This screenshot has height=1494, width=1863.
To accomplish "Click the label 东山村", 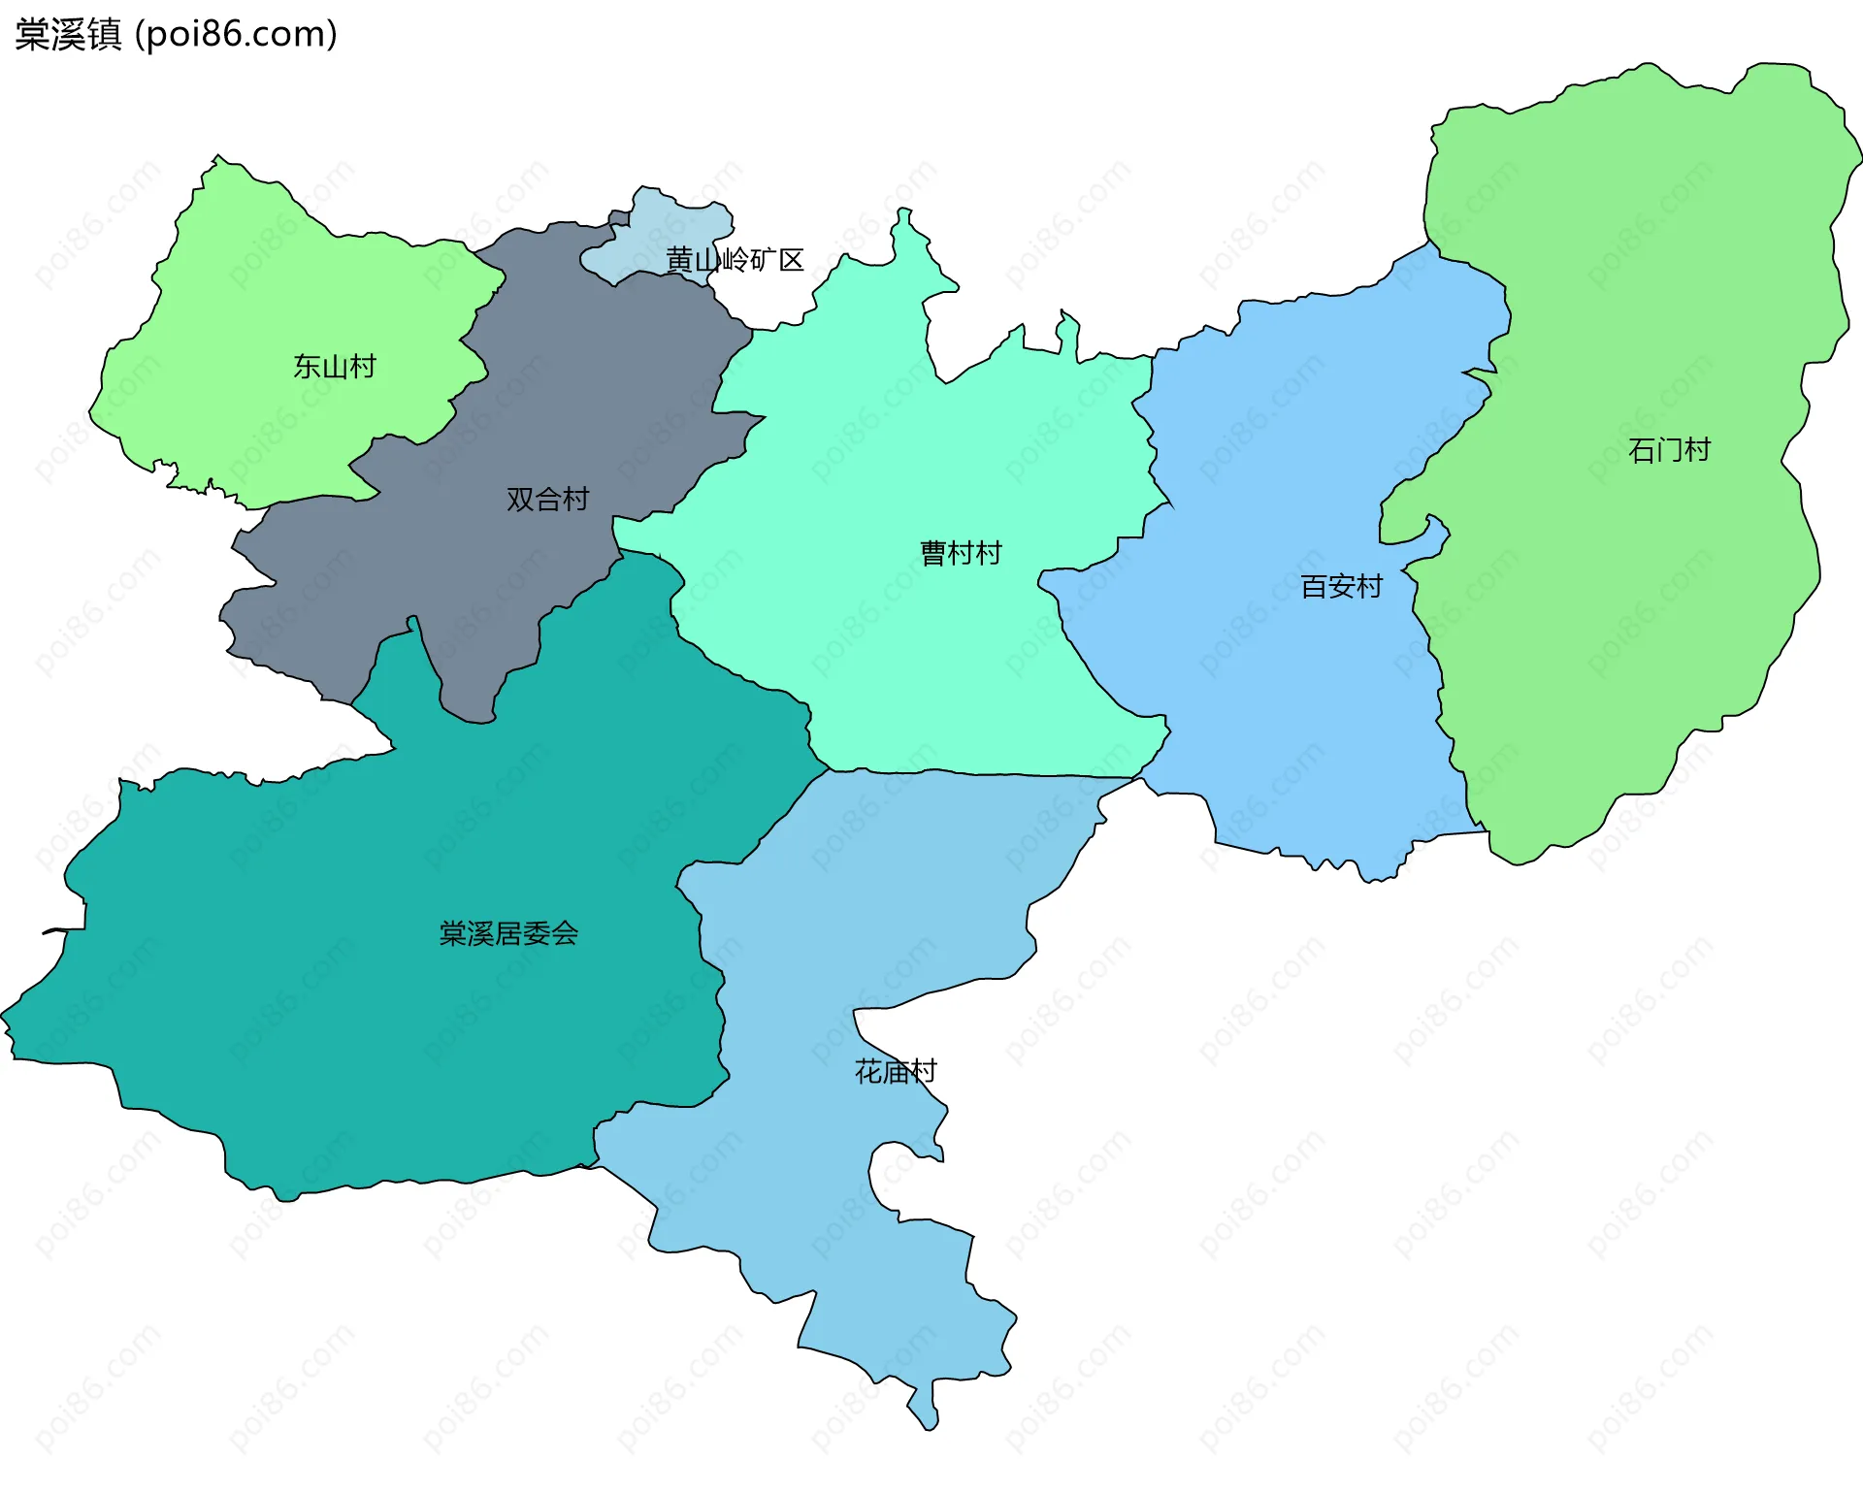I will (334, 367).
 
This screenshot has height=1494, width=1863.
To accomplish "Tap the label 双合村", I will (547, 500).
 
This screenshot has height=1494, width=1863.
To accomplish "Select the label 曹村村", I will (961, 554).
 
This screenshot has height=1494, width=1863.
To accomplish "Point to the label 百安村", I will (1341, 587).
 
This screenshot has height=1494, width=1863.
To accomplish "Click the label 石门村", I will (1669, 450).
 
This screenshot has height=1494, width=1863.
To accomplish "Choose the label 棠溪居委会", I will (508, 933).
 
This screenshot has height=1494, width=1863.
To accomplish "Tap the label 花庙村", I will (895, 1072).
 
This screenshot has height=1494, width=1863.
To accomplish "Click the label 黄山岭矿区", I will (735, 260).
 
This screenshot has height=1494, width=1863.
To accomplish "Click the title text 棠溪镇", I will (68, 35).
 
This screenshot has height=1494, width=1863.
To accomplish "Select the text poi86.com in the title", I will (236, 35).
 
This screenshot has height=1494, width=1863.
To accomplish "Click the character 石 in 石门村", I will (1642, 450).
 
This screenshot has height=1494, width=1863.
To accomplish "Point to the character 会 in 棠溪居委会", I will (565, 933).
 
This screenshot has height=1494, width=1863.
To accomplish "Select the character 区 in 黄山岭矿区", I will (792, 260).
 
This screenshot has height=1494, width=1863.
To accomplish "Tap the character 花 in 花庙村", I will (867, 1072).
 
